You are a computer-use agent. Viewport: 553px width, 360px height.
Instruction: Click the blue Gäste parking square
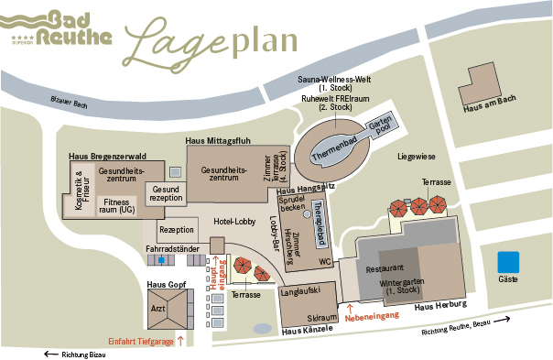pyautogui.click(x=508, y=260)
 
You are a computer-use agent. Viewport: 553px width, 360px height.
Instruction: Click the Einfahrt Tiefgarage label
pyautogui.click(x=141, y=340)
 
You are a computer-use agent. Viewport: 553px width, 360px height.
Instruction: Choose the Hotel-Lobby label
pyautogui.click(x=235, y=222)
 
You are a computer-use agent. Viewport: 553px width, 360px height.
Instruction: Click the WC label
pyautogui.click(x=325, y=262)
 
